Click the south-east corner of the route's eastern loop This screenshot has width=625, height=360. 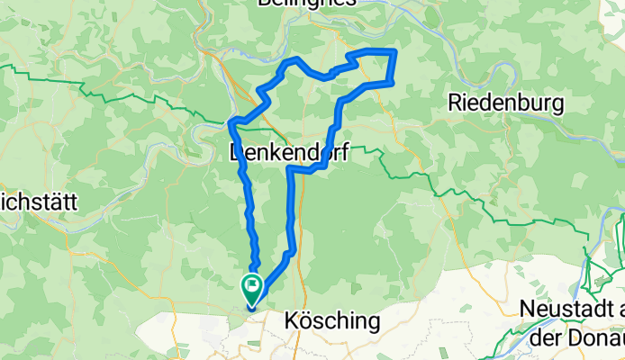coord(391,83)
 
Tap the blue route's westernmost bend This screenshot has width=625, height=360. coord(231,121)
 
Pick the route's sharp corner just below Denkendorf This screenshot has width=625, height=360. coord(290,168)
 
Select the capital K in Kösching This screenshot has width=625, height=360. coord(291,320)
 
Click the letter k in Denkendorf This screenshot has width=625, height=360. coord(271,154)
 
